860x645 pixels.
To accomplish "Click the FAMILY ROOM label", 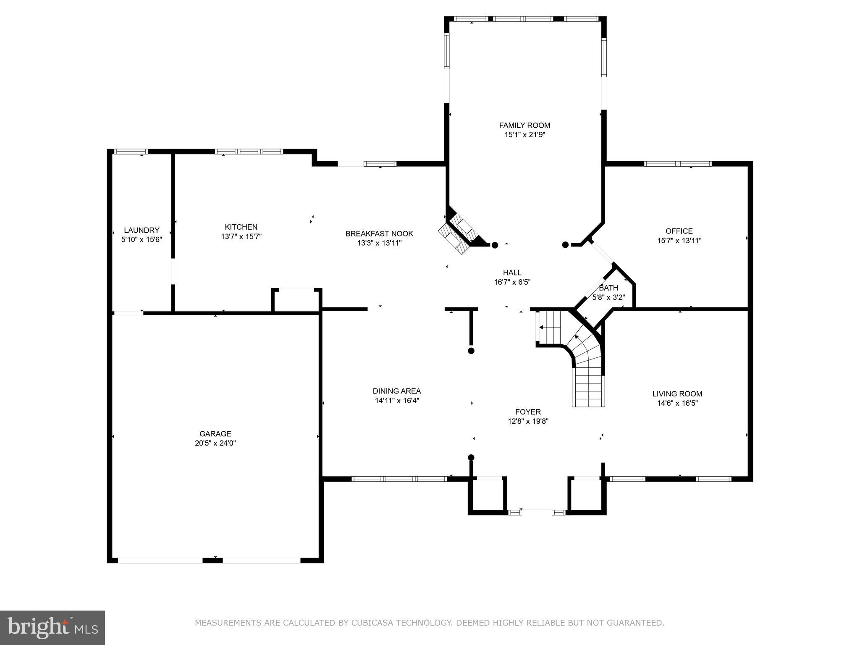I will pos(524,125).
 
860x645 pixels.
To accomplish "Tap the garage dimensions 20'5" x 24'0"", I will pos(215,443).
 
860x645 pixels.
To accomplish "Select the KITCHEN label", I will pos(241,227).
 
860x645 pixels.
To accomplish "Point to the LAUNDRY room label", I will pos(142,230).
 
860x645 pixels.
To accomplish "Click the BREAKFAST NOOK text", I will pos(379,233).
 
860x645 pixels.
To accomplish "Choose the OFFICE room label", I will pos(679,231).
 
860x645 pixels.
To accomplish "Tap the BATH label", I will pos(608,288).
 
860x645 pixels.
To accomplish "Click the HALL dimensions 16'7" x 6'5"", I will pos(512,282).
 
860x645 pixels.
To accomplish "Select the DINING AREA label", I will pos(397,391).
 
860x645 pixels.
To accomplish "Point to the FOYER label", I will pos(528,412).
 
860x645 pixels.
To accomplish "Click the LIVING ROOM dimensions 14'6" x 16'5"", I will pos(677,403).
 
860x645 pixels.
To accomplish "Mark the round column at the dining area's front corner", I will pos(471,457).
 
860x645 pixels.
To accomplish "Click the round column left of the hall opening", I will pos(495,245).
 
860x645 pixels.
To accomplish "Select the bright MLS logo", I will pos(52,627).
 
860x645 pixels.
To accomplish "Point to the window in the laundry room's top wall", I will pos(131,152).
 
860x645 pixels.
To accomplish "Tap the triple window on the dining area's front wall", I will pos(399,479).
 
